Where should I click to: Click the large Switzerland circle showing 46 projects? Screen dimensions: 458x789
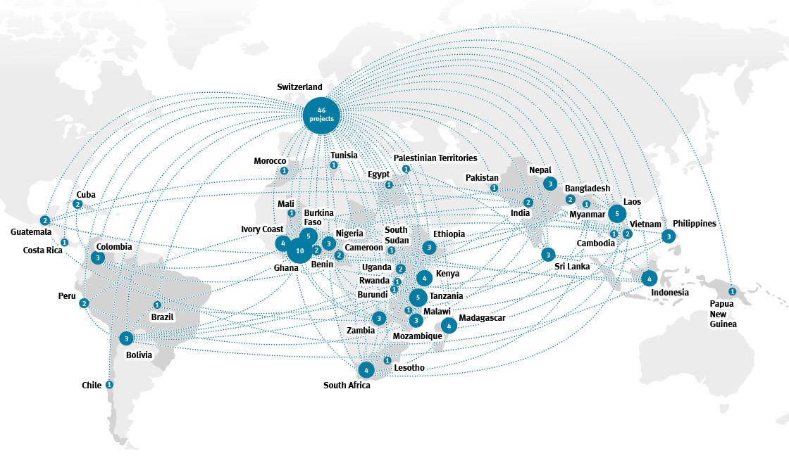pyautogui.click(x=321, y=114)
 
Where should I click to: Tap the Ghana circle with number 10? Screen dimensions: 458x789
pyautogui.click(x=299, y=250)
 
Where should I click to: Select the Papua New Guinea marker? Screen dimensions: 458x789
pyautogui.click(x=732, y=291)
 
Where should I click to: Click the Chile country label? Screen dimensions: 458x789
pyautogui.click(x=92, y=386)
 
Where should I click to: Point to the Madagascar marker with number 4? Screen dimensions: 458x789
pyautogui.click(x=449, y=326)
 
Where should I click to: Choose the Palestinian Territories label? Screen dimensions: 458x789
pyautogui.click(x=435, y=158)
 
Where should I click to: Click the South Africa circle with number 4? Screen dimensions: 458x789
pyautogui.click(x=366, y=369)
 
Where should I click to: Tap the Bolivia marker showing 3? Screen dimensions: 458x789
pyautogui.click(x=126, y=338)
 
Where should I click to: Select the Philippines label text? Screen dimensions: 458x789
pyautogui.click(x=694, y=224)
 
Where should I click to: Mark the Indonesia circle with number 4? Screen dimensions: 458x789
pyautogui.click(x=649, y=278)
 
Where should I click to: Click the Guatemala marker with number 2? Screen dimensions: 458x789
pyautogui.click(x=45, y=220)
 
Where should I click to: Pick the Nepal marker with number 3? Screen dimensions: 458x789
pyautogui.click(x=549, y=184)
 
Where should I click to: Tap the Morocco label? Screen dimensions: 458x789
pyautogui.click(x=270, y=162)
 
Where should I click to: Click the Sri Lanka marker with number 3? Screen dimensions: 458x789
pyautogui.click(x=548, y=254)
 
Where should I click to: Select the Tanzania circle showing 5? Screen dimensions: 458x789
pyautogui.click(x=418, y=297)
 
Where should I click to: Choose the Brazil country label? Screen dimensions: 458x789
pyautogui.click(x=162, y=317)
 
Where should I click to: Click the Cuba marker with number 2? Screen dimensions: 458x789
pyautogui.click(x=77, y=204)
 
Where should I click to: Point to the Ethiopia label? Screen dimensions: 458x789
pyautogui.click(x=449, y=234)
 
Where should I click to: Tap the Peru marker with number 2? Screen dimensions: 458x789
pyautogui.click(x=85, y=303)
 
